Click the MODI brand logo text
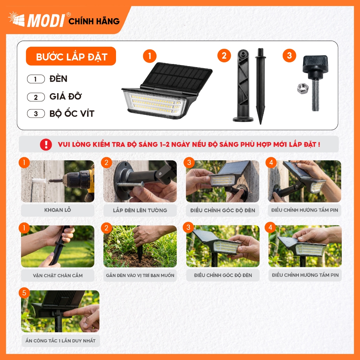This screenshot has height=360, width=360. point(46,20)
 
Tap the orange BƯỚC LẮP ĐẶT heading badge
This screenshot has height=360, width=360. point(71,56)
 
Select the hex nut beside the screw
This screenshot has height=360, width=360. point(303,88)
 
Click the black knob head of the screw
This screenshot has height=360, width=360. point(315,63)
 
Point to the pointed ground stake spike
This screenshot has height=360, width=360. point(261,86)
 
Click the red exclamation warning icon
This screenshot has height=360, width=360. point(46,144)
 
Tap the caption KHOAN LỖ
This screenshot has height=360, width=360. point(58,210)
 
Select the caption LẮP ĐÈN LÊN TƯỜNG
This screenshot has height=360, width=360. point(140,210)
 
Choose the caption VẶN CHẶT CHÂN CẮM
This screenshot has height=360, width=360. point(58,275)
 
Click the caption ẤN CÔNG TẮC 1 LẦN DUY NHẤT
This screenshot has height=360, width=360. point(60,341)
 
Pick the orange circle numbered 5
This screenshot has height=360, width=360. point(24,293)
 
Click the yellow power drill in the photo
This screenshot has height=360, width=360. point(79,181)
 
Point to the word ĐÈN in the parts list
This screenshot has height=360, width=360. point(58,79)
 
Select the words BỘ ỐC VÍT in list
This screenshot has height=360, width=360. point(72,114)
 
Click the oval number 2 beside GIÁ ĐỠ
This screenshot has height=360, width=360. point(36,97)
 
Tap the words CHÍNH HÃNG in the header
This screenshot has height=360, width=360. point(94,21)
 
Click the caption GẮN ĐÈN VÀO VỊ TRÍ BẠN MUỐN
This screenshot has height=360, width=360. point(140,275)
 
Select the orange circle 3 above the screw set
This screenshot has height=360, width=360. point(289,56)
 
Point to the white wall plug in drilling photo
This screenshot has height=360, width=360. point(39,181)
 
